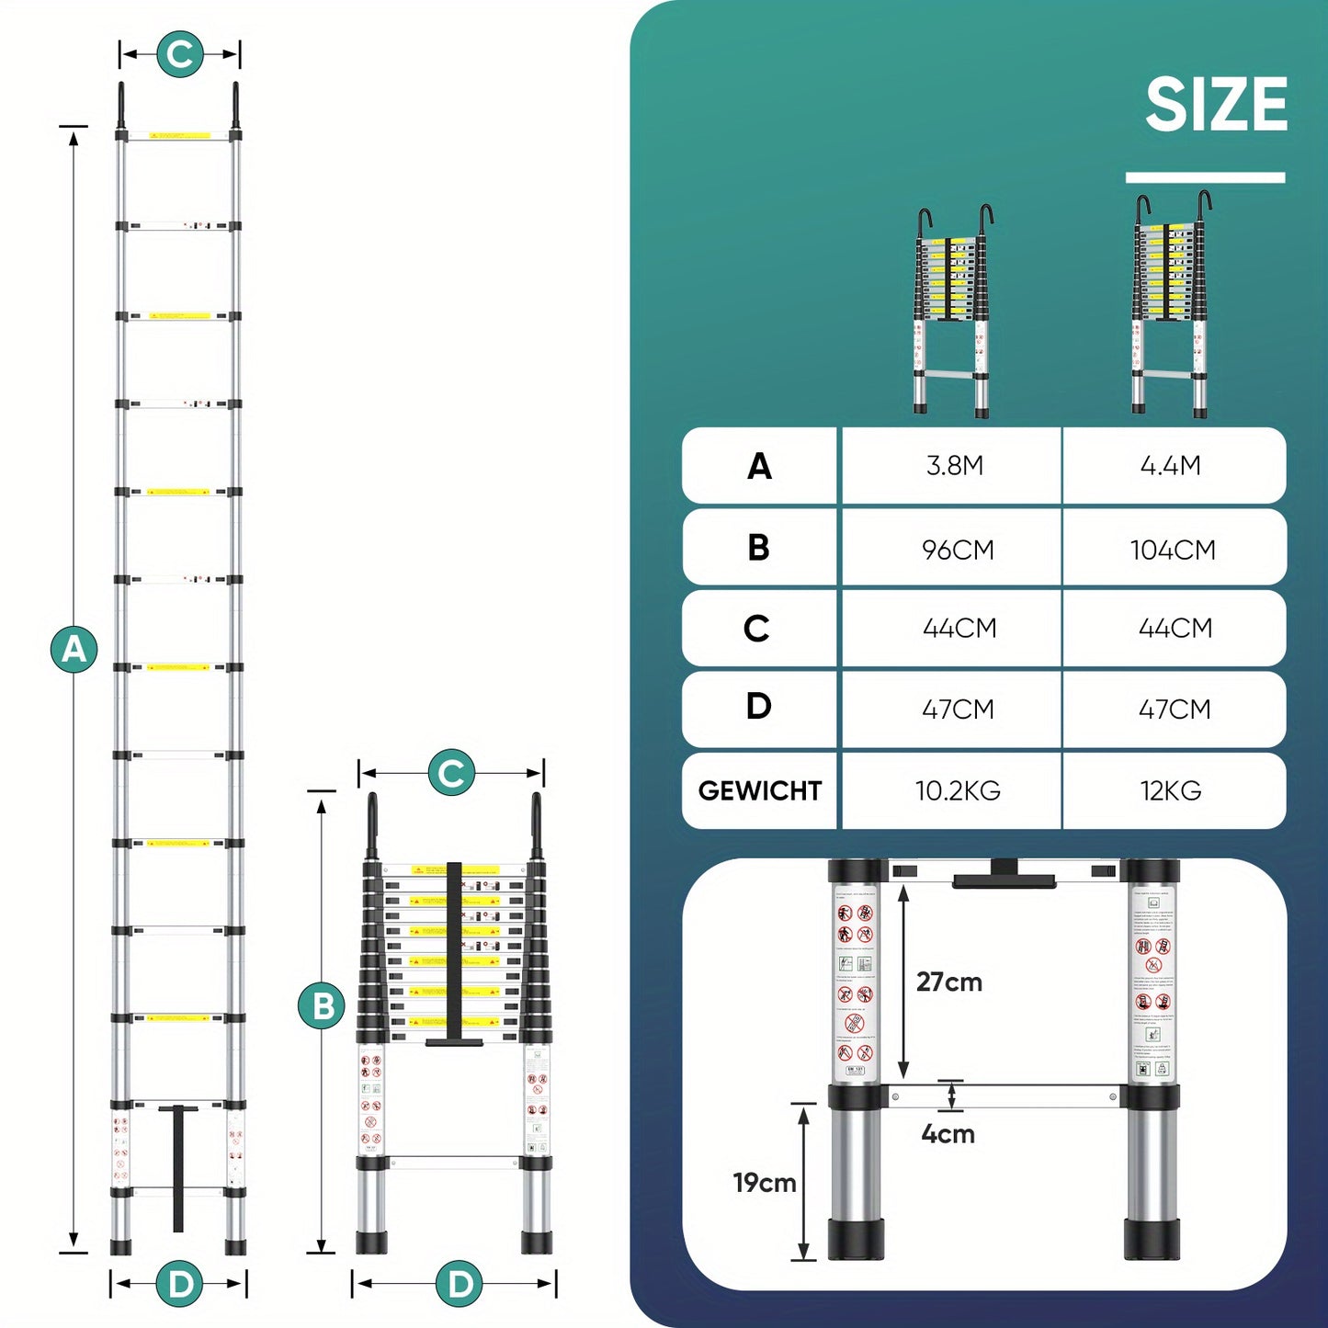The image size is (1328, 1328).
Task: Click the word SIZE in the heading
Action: click(1216, 105)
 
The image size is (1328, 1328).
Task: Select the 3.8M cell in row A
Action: click(954, 466)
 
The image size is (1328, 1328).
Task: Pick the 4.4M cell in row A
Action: click(1170, 466)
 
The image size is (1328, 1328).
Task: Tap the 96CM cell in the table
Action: click(958, 550)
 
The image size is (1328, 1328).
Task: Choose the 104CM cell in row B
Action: click(1173, 550)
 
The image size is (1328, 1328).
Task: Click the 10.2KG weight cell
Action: click(958, 790)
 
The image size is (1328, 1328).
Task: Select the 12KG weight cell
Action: click(1171, 790)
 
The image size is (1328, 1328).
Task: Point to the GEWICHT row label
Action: click(759, 790)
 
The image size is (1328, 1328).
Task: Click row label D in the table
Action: click(758, 707)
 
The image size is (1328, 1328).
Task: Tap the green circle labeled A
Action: click(74, 649)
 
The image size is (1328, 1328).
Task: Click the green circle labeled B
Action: click(322, 1006)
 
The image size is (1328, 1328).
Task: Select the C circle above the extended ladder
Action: click(180, 54)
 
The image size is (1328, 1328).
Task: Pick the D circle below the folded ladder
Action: click(460, 1284)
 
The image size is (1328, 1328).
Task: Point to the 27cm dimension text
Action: click(948, 982)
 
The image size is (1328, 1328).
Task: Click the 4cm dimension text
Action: click(948, 1134)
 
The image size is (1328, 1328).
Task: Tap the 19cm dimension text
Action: click(764, 1183)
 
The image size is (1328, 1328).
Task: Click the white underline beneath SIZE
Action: click(1205, 177)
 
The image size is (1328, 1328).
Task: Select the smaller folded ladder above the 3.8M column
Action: click(955, 312)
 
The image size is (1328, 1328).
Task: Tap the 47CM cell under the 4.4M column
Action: click(1175, 709)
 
